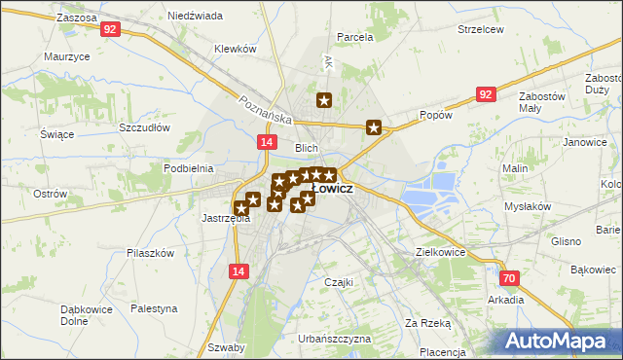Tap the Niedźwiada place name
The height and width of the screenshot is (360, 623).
(x=195, y=17)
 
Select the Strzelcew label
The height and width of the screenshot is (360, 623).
(x=481, y=29)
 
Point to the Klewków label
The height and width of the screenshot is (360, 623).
(x=235, y=49)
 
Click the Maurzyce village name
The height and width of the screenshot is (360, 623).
(x=67, y=57)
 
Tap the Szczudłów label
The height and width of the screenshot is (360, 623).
(x=145, y=127)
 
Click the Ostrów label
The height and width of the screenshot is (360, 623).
(x=49, y=194)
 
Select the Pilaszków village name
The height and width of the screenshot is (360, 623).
(x=150, y=253)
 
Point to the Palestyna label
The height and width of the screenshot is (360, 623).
(x=155, y=308)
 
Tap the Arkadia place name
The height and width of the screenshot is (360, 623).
(x=506, y=300)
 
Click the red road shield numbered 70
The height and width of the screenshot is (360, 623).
(x=512, y=279)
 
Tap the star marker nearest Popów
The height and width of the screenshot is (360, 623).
(x=374, y=126)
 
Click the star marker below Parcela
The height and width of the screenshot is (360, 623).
(x=325, y=99)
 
